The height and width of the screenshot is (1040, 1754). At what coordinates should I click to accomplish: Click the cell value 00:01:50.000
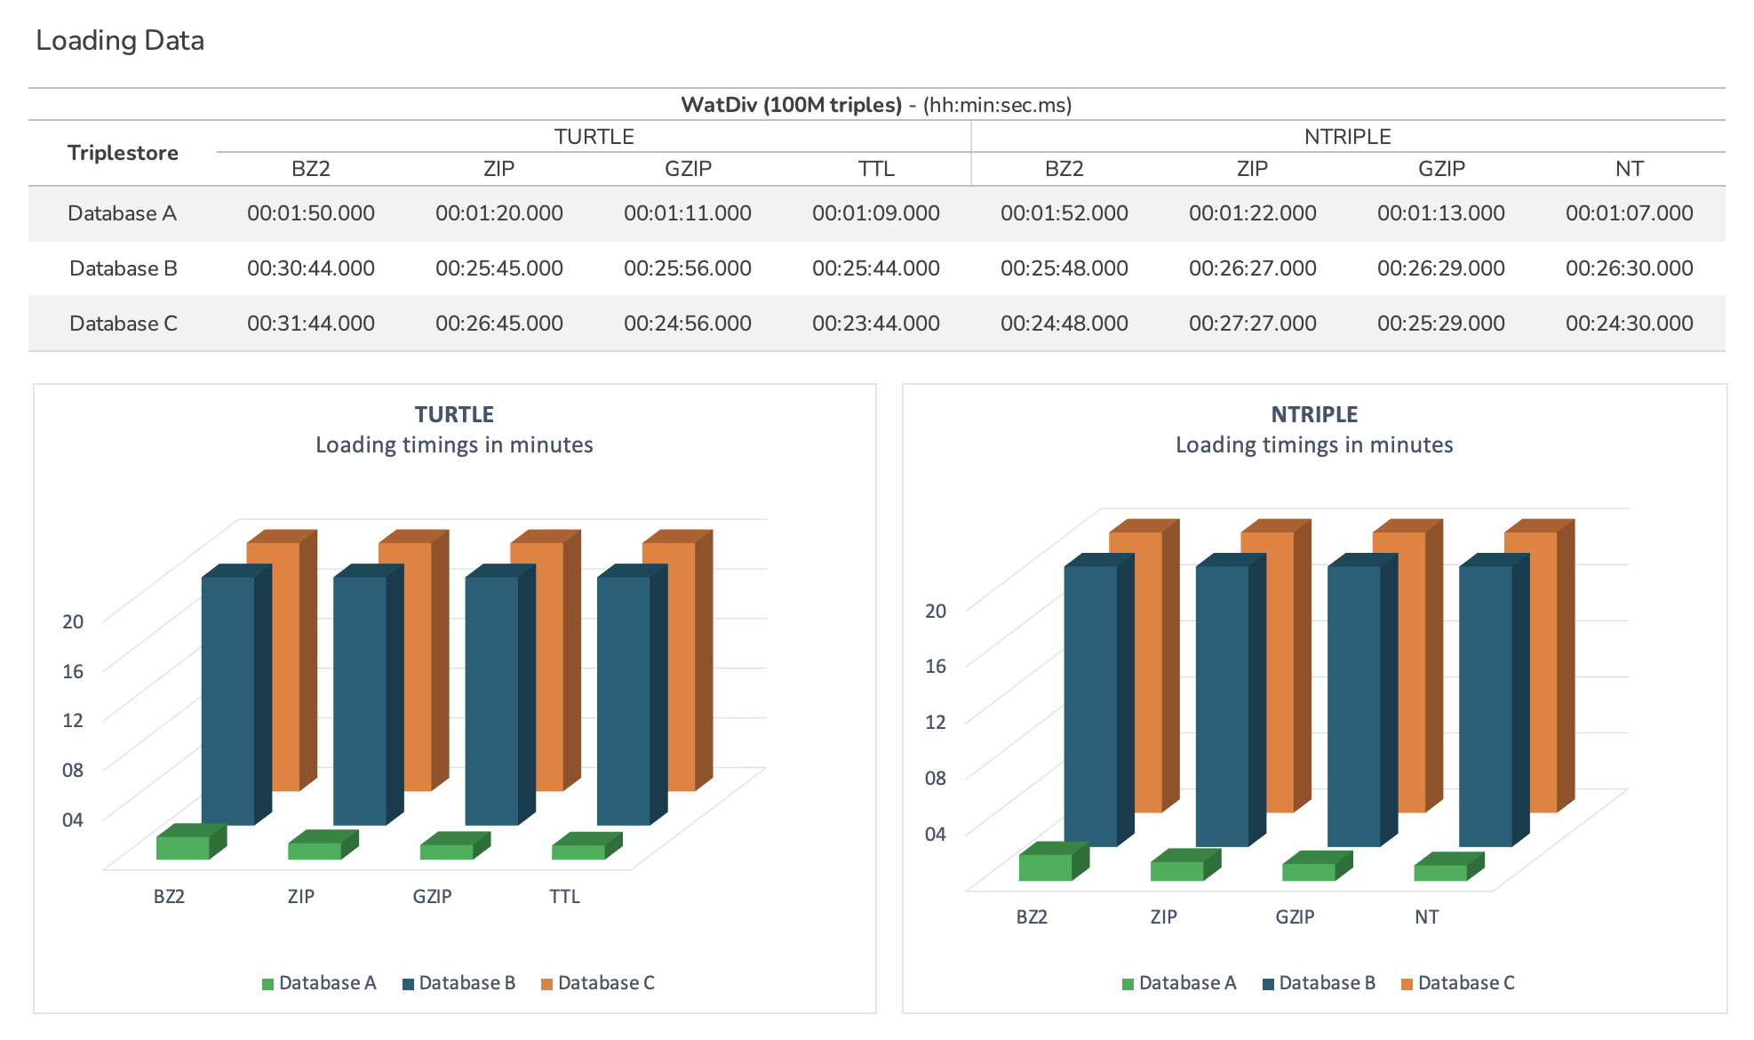tap(311, 213)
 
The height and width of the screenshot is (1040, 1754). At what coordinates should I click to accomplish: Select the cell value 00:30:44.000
tap(311, 268)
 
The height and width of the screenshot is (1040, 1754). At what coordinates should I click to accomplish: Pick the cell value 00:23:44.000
tap(876, 324)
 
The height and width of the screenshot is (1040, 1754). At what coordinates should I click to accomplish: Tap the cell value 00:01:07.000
tap(1630, 213)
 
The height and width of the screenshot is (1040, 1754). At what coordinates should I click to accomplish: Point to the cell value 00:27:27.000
tap(1253, 324)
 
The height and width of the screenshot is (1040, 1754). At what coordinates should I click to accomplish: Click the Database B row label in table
tap(124, 268)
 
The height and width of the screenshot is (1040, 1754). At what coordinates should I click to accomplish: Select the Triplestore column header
tap(123, 153)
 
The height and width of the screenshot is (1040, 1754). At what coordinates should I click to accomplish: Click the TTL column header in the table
tap(876, 169)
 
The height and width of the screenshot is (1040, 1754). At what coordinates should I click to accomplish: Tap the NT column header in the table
tap(1630, 169)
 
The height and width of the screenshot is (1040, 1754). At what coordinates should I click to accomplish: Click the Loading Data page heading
tap(120, 41)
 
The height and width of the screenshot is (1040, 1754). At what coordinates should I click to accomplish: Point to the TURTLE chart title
tap(454, 415)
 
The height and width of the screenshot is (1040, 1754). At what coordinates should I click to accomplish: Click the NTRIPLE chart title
tap(1314, 415)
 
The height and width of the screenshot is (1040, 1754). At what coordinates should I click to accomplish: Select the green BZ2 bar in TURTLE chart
tap(183, 847)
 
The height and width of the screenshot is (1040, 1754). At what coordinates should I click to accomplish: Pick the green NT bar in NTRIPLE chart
tap(1440, 872)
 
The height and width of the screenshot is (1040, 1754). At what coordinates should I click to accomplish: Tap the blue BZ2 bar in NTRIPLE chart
tap(1091, 706)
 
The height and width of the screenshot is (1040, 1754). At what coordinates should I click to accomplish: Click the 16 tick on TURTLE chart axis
tap(73, 671)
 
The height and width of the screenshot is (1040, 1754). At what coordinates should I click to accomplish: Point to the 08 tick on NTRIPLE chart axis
tap(936, 778)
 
